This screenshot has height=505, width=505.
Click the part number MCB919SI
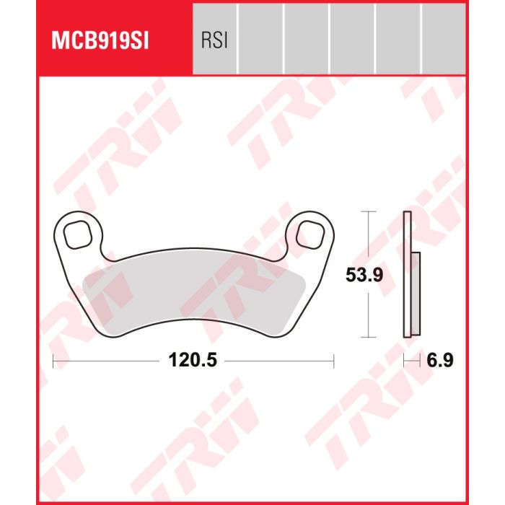click(100, 41)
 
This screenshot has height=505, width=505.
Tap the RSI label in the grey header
click(214, 41)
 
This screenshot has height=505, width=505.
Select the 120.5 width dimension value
click(193, 360)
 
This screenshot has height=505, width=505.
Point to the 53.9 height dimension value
click(364, 275)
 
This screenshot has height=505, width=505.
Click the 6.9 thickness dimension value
click(440, 360)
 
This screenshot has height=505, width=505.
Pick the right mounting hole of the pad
click(309, 234)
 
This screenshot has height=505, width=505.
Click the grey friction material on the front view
click(193, 298)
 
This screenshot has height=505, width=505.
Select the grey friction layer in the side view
click(416, 294)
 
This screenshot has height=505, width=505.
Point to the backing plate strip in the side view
click(408, 274)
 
